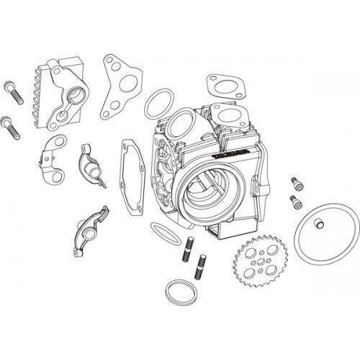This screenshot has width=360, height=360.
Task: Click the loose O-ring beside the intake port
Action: pyautogui.click(x=158, y=106)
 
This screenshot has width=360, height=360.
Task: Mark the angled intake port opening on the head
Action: pyautogui.click(x=185, y=122)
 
